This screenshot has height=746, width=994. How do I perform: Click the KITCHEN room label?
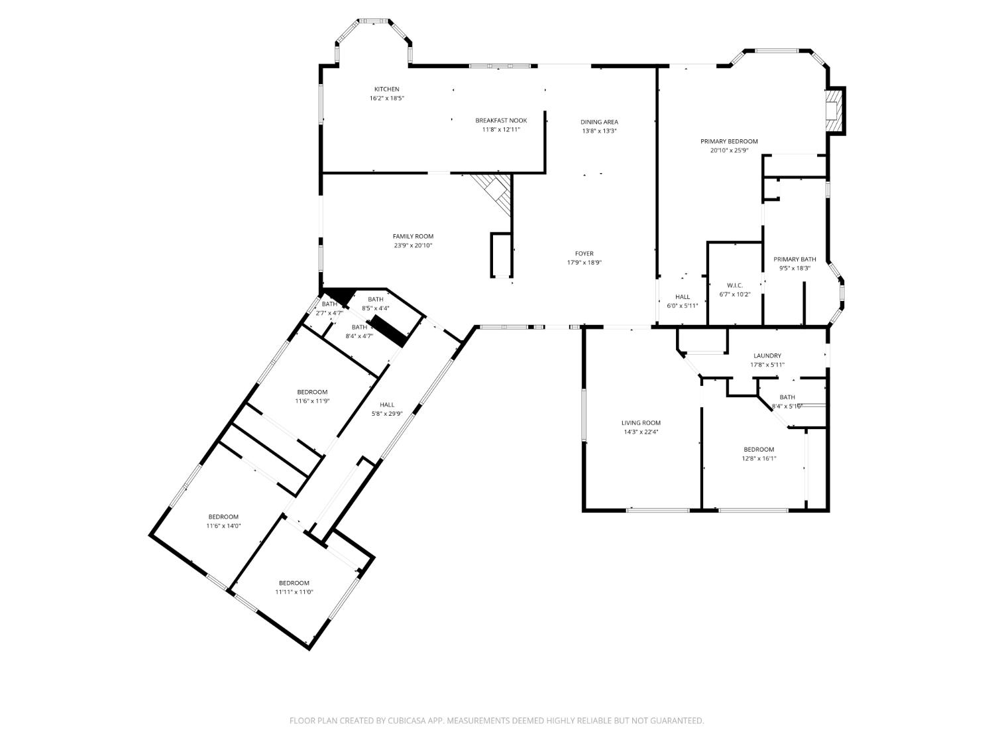click(x=386, y=90)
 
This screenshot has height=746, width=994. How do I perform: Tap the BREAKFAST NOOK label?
click(x=501, y=121)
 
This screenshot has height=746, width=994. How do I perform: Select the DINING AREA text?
click(x=599, y=122)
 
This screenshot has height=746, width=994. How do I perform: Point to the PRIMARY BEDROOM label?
click(x=729, y=141)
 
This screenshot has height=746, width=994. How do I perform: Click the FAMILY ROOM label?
click(x=413, y=237)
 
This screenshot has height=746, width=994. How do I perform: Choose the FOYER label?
click(x=584, y=254)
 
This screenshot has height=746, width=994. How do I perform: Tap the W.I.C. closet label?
click(x=734, y=285)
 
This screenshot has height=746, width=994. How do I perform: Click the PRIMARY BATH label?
click(x=795, y=259)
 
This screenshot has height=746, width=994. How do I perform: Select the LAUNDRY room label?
click(x=767, y=355)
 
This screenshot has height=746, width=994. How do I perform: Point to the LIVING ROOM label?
click(x=641, y=422)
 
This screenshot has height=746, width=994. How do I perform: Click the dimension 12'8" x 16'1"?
click(x=759, y=458)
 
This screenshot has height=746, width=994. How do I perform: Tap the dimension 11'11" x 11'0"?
click(x=294, y=592)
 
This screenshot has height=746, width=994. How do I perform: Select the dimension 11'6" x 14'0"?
click(x=223, y=526)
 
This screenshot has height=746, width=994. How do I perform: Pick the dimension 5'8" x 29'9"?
click(x=387, y=414)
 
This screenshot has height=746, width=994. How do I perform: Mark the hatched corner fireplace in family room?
click(x=494, y=192)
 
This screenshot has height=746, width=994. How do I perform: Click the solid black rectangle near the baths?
click(x=388, y=331)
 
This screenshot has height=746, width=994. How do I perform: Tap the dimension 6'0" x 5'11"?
click(x=682, y=306)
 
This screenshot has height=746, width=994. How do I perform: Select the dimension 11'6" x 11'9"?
click(x=312, y=401)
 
